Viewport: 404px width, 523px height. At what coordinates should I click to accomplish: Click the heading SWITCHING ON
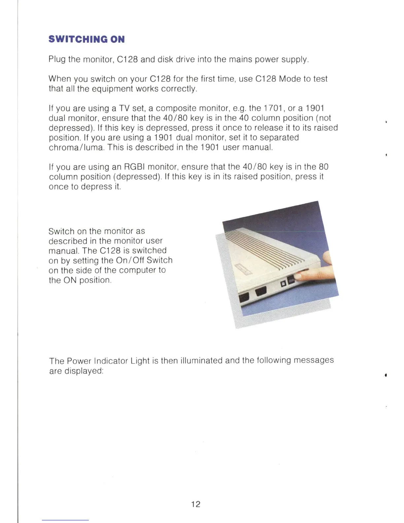click(86, 39)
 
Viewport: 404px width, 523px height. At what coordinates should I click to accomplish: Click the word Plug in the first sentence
click(57, 59)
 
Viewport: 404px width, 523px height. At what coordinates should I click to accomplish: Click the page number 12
click(195, 504)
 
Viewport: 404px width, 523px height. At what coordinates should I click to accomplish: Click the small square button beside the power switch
click(283, 284)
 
